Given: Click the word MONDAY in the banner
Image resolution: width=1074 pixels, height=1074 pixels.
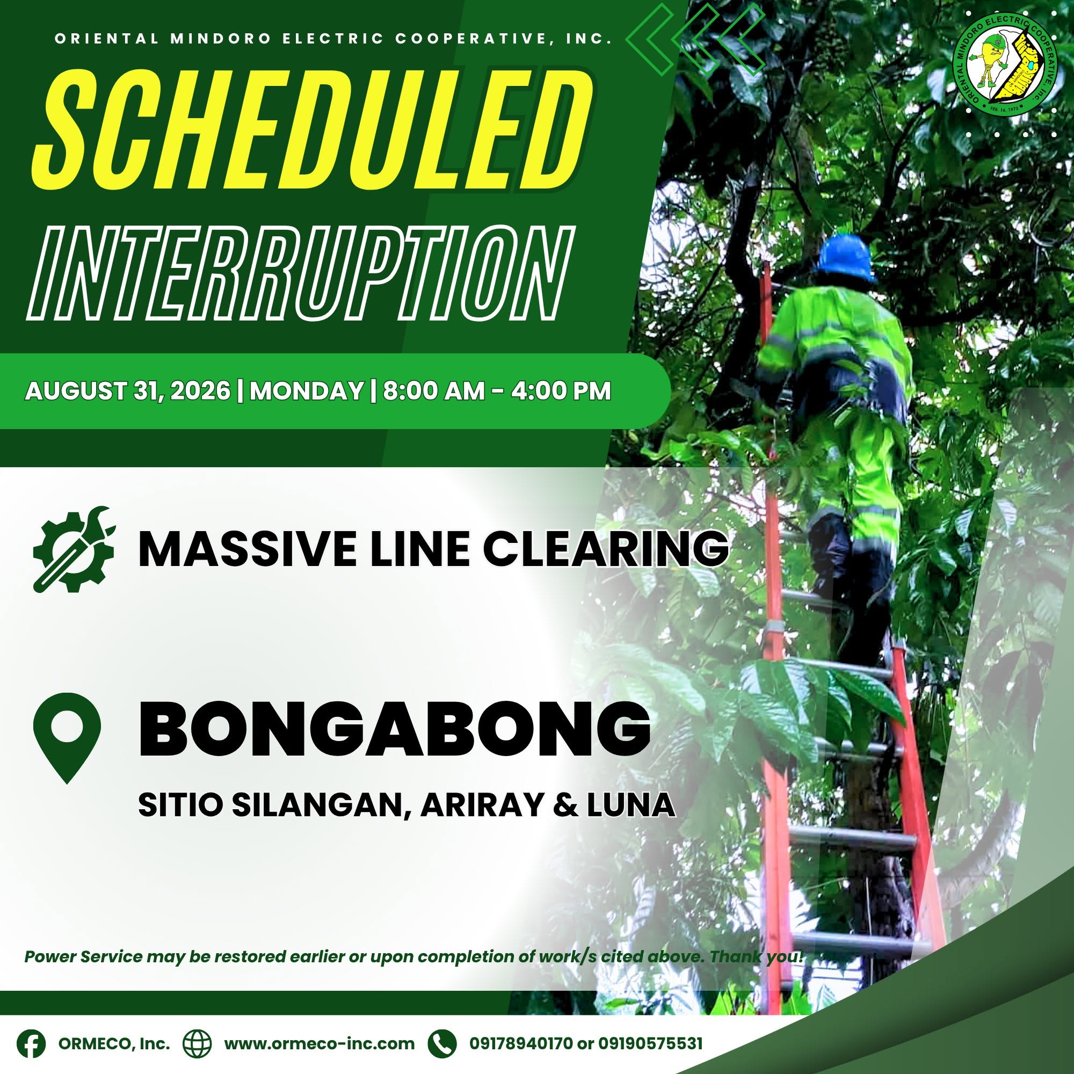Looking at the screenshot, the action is click(x=306, y=391).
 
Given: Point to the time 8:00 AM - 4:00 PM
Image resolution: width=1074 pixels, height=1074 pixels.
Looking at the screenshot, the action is click(x=496, y=391).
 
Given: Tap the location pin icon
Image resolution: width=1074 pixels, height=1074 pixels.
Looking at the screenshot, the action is click(x=67, y=738).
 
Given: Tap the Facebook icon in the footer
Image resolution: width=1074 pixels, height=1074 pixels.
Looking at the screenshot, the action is click(x=31, y=1043).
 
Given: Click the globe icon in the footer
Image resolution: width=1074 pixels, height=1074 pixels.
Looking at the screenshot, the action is click(x=199, y=1043).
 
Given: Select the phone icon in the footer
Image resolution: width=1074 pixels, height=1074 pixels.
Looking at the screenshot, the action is click(x=442, y=1043).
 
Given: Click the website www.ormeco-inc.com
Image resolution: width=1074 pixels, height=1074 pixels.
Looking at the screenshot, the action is click(x=319, y=1043).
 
